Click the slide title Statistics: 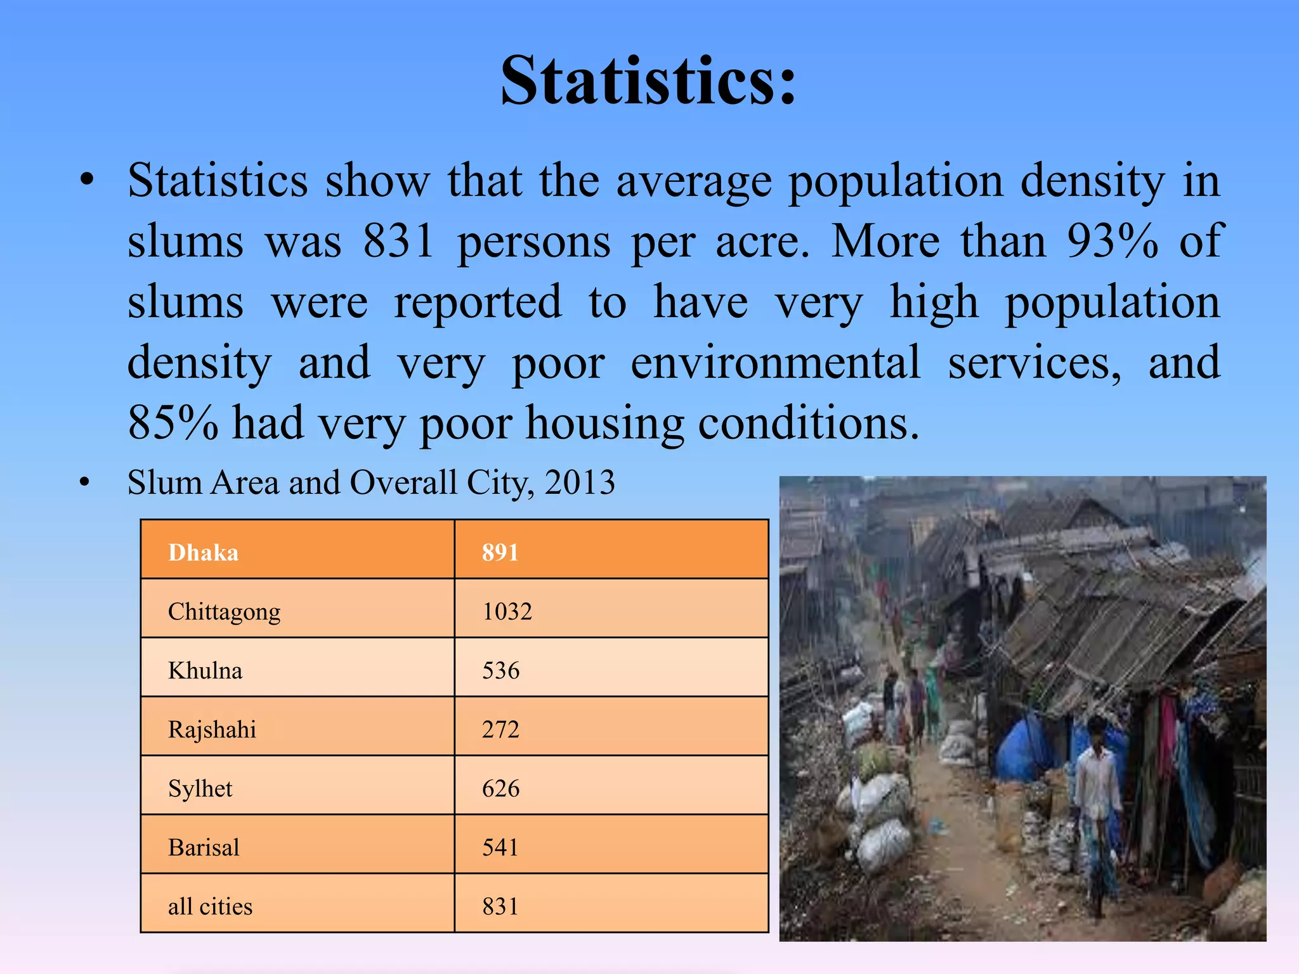click(x=648, y=81)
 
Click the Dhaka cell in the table click(x=203, y=552)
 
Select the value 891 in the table click(x=500, y=552)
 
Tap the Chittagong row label click(x=224, y=611)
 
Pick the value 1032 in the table click(x=507, y=611)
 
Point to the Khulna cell click(x=205, y=670)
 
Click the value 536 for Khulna click(x=500, y=670)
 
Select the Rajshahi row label click(x=212, y=729)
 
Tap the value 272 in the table click(x=500, y=729)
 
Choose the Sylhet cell click(x=200, y=788)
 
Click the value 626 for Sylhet click(x=500, y=788)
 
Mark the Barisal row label click(x=204, y=847)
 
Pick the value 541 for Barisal click(x=500, y=847)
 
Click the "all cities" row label click(x=210, y=906)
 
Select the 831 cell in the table click(x=500, y=906)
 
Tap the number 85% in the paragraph click(x=173, y=423)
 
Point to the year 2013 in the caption click(x=580, y=483)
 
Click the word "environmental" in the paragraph click(x=775, y=363)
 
